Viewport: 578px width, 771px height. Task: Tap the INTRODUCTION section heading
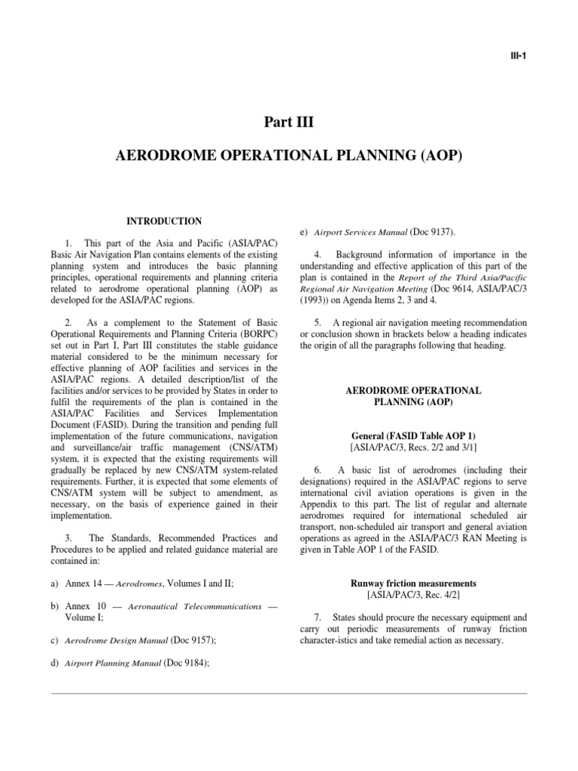coord(163,221)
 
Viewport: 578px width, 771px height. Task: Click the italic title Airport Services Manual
coord(359,232)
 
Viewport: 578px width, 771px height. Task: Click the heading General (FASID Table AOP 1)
coord(412,435)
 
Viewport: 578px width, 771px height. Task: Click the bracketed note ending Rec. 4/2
coord(412,595)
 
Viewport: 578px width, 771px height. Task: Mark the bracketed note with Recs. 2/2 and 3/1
coord(412,447)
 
